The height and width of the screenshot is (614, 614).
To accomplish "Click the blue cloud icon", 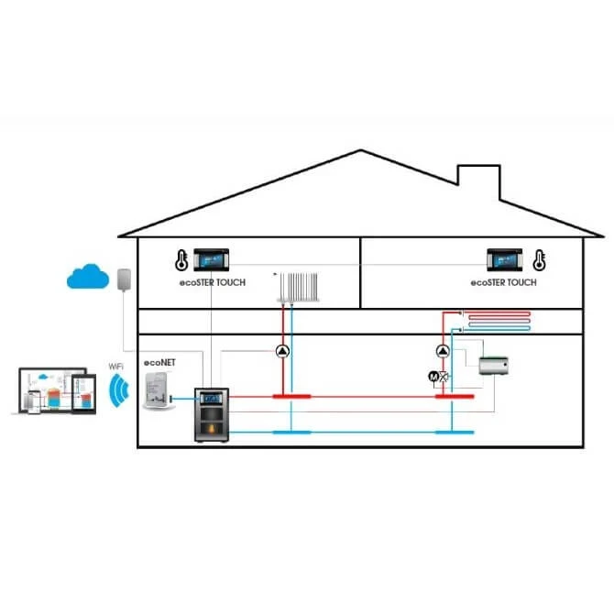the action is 88,277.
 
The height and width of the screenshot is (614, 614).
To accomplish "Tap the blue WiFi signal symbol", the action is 118,390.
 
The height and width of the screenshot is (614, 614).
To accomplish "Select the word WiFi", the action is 115,367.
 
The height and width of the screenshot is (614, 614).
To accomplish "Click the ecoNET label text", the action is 159,363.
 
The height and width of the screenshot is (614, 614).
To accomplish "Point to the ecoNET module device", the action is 158,390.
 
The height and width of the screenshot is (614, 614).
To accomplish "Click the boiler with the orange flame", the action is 212,415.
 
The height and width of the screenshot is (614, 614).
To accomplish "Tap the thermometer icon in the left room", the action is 181,260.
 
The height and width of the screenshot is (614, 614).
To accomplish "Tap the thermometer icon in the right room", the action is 539,260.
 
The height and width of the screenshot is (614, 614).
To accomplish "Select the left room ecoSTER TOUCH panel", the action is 212,259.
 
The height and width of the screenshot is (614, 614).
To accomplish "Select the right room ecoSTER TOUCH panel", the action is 504,259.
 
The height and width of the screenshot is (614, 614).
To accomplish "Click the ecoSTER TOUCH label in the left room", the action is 213,283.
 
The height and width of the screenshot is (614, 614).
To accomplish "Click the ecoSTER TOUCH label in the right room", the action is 504,283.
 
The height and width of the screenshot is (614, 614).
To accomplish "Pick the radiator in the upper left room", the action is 299,288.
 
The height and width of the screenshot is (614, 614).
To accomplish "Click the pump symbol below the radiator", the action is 283,351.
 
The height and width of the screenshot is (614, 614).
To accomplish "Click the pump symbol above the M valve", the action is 443,351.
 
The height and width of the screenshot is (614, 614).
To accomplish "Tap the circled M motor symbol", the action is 433,377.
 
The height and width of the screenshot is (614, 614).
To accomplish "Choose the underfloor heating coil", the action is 496,321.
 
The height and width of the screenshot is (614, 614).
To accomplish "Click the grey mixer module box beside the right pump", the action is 494,366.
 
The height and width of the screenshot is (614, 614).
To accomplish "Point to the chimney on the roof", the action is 479,182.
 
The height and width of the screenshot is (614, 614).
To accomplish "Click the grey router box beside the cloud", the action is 124,280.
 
